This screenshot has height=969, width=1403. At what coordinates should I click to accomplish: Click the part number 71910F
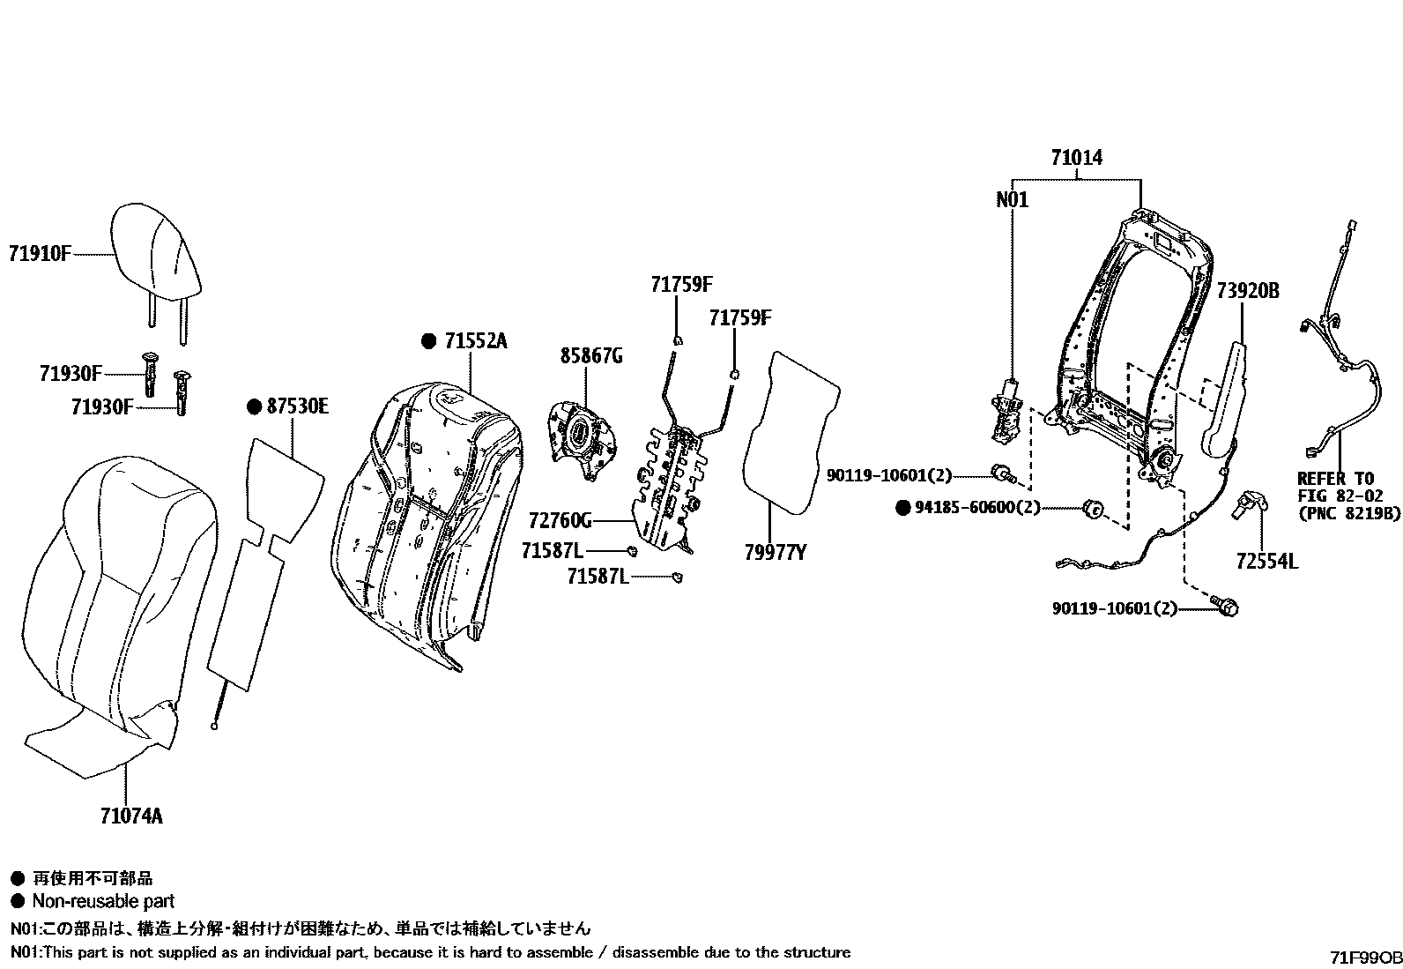(x=39, y=254)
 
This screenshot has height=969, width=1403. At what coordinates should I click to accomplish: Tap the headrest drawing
(x=157, y=256)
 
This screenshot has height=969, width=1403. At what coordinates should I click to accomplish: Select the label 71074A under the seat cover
(x=130, y=816)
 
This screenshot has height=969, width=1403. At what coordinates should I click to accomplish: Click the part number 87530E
(x=297, y=406)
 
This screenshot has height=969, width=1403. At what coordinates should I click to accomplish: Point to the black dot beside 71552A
(x=428, y=341)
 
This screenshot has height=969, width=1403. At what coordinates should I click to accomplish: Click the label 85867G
(x=591, y=356)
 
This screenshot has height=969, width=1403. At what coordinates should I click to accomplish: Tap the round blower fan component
(x=580, y=438)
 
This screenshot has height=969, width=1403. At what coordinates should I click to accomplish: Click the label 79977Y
(x=776, y=553)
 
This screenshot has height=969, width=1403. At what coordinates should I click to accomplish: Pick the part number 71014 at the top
(x=1076, y=158)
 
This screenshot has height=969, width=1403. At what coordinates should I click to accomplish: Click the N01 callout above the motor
(x=1012, y=200)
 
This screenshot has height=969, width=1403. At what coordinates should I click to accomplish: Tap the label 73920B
(x=1247, y=291)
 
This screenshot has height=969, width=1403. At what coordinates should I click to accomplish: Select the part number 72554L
(x=1266, y=561)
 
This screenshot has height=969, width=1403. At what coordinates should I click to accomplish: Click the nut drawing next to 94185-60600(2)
(x=1093, y=509)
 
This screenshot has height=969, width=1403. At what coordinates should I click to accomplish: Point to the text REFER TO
(x=1334, y=479)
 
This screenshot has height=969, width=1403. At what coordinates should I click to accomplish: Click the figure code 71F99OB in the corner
(x=1365, y=957)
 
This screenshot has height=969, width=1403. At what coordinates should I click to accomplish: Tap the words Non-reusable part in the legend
(x=103, y=901)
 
